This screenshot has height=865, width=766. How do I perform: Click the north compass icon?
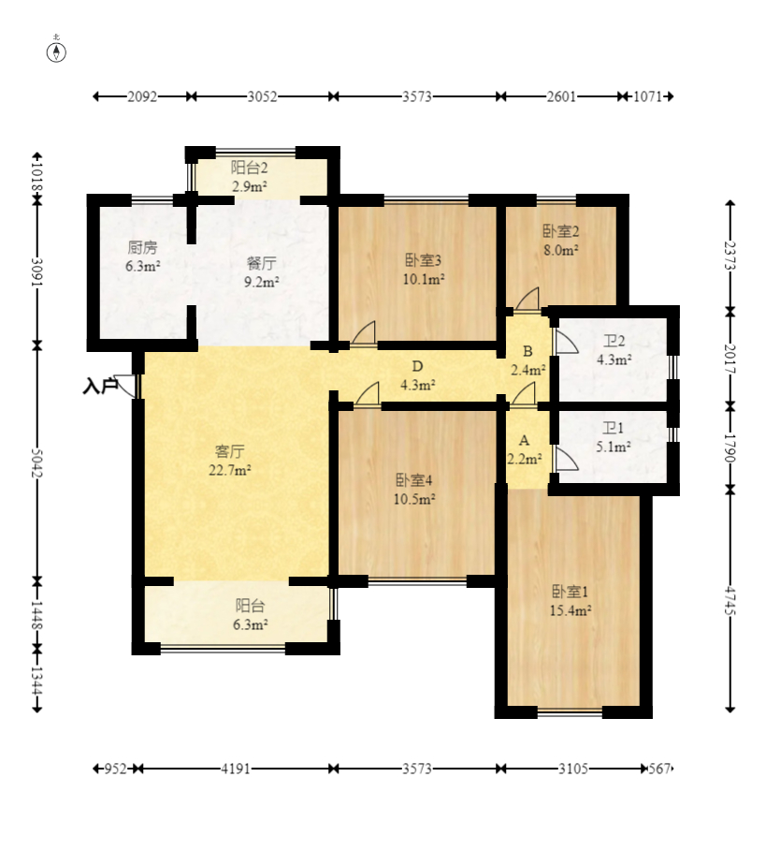pyautogui.click(x=56, y=51)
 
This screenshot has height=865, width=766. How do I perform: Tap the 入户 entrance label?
pyautogui.click(x=100, y=386)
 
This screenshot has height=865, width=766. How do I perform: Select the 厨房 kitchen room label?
pyautogui.click(x=143, y=248)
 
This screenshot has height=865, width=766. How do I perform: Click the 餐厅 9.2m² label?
pyautogui.click(x=261, y=272)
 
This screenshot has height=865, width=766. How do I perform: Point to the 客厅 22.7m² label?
pyautogui.click(x=230, y=461)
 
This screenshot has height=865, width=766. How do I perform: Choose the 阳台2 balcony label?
pyautogui.click(x=249, y=168)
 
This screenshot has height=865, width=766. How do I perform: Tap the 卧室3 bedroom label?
pyautogui.click(x=424, y=260)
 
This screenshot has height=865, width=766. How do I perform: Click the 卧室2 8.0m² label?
pyautogui.click(x=561, y=241)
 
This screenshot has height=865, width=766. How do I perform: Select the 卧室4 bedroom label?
pyautogui.click(x=413, y=480)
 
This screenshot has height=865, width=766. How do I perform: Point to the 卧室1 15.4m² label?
pyautogui.click(x=571, y=601)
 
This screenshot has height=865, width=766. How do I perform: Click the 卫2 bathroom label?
pyautogui.click(x=614, y=341)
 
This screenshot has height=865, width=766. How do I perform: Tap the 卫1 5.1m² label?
pyautogui.click(x=614, y=437)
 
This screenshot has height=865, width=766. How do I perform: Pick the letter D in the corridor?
pyautogui.click(x=418, y=366)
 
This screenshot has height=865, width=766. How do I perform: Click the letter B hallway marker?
pyautogui.click(x=528, y=351)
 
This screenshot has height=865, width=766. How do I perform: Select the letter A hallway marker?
pyautogui.click(x=524, y=440)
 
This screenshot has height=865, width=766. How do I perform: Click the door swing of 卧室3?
pyautogui.click(x=364, y=332)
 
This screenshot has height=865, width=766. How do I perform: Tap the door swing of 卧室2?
pyautogui.click(x=528, y=299)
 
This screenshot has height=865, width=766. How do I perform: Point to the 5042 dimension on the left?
pyautogui.click(x=36, y=462)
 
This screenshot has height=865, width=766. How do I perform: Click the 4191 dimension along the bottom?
pyautogui.click(x=236, y=769)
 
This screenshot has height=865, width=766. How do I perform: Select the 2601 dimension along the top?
pyautogui.click(x=561, y=96)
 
